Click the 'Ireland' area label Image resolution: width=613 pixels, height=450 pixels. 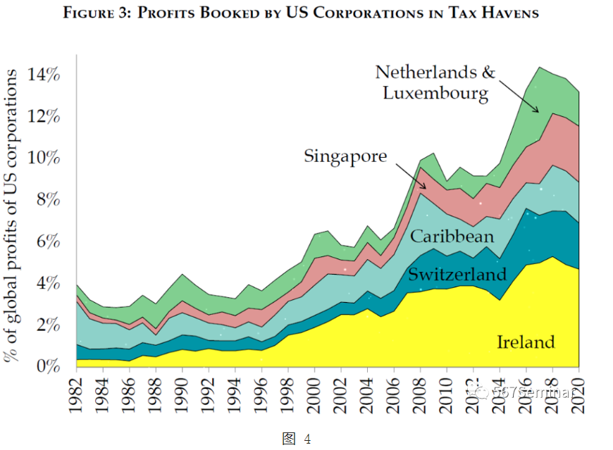(x=526, y=342)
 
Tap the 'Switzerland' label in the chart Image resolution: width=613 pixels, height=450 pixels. (x=457, y=274)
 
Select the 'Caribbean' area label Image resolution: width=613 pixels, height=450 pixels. (x=452, y=237)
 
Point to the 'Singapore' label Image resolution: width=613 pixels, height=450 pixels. (x=345, y=156)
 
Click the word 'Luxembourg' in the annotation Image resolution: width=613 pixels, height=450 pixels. (x=435, y=92)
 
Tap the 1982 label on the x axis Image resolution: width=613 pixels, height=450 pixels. (x=77, y=399)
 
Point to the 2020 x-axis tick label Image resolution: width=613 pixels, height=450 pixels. (x=579, y=399)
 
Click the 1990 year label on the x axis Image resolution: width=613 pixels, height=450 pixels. (x=183, y=399)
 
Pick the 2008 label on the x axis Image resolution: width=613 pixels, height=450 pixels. (x=421, y=399)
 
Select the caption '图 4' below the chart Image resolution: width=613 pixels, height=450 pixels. (x=297, y=439)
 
